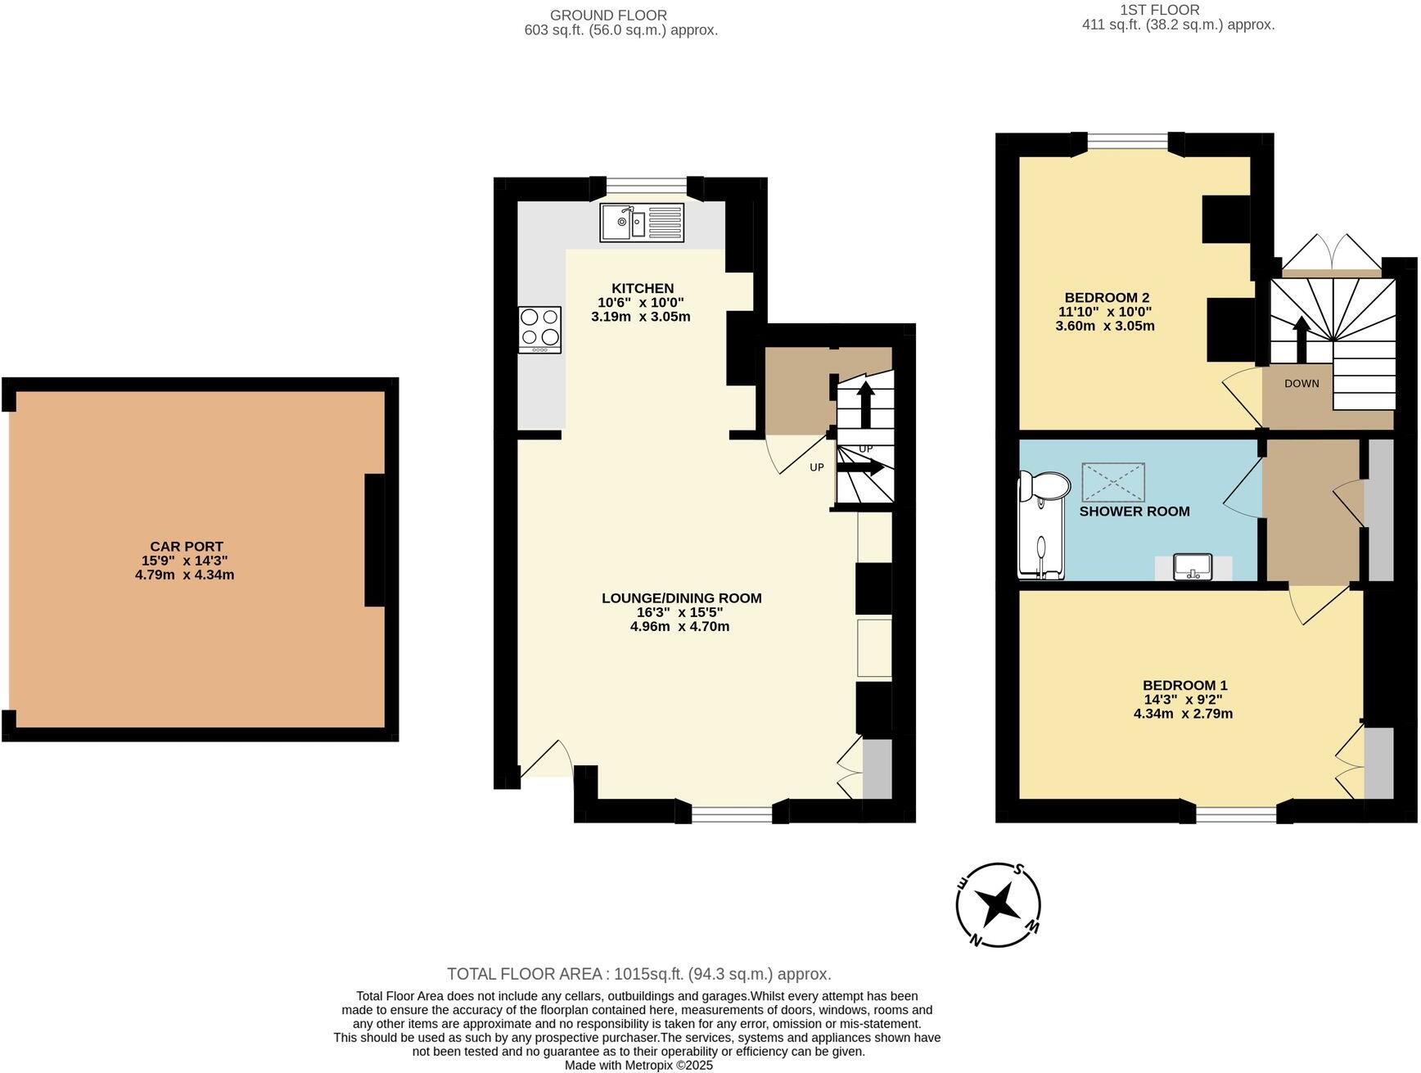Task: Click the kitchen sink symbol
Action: pyautogui.click(x=642, y=223)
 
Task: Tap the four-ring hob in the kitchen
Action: pyautogui.click(x=539, y=329)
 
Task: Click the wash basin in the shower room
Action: pyautogui.click(x=1193, y=566)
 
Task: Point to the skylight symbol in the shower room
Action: pyautogui.click(x=1113, y=482)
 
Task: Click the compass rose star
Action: pyautogui.click(x=999, y=905)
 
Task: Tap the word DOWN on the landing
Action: pyautogui.click(x=1301, y=383)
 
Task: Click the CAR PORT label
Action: pyautogui.click(x=187, y=547)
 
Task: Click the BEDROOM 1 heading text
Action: pyautogui.click(x=1184, y=685)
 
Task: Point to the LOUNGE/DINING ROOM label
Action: pyautogui.click(x=681, y=598)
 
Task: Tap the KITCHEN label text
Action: pyautogui.click(x=643, y=288)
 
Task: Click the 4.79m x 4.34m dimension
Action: pyautogui.click(x=185, y=575)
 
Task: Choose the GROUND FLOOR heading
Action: pyautogui.click(x=608, y=15)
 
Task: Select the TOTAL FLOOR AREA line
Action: pyautogui.click(x=638, y=974)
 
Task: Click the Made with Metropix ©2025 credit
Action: pyautogui.click(x=638, y=1066)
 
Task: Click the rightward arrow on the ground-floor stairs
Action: pyautogui.click(x=859, y=467)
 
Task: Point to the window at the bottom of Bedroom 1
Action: pyautogui.click(x=1236, y=814)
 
